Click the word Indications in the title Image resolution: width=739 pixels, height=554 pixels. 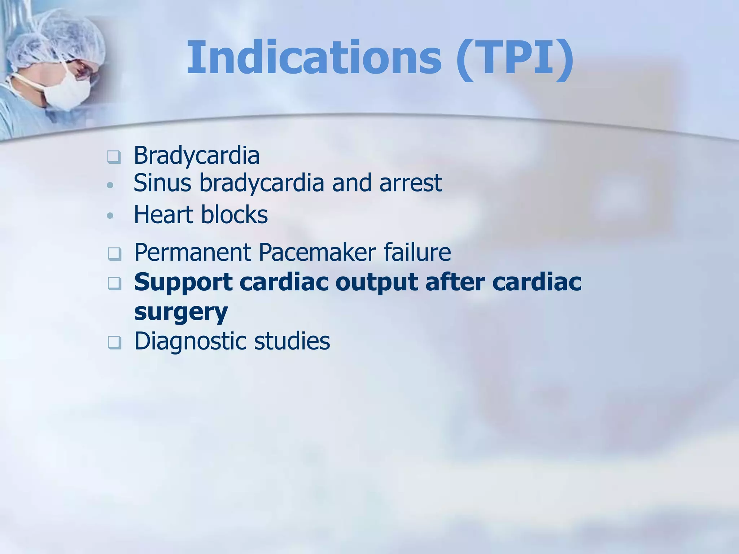314,58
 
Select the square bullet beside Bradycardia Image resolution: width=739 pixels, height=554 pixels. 114,157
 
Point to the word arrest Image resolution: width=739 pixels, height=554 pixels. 411,184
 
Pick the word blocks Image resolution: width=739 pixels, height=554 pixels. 234,215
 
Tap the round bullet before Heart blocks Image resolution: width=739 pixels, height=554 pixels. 110,216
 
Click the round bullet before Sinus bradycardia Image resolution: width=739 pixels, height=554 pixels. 110,185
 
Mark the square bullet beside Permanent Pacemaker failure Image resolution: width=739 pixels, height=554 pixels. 114,254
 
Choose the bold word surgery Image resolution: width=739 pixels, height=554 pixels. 181,312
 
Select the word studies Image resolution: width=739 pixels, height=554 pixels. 292,341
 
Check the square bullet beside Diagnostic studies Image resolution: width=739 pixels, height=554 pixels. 114,343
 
